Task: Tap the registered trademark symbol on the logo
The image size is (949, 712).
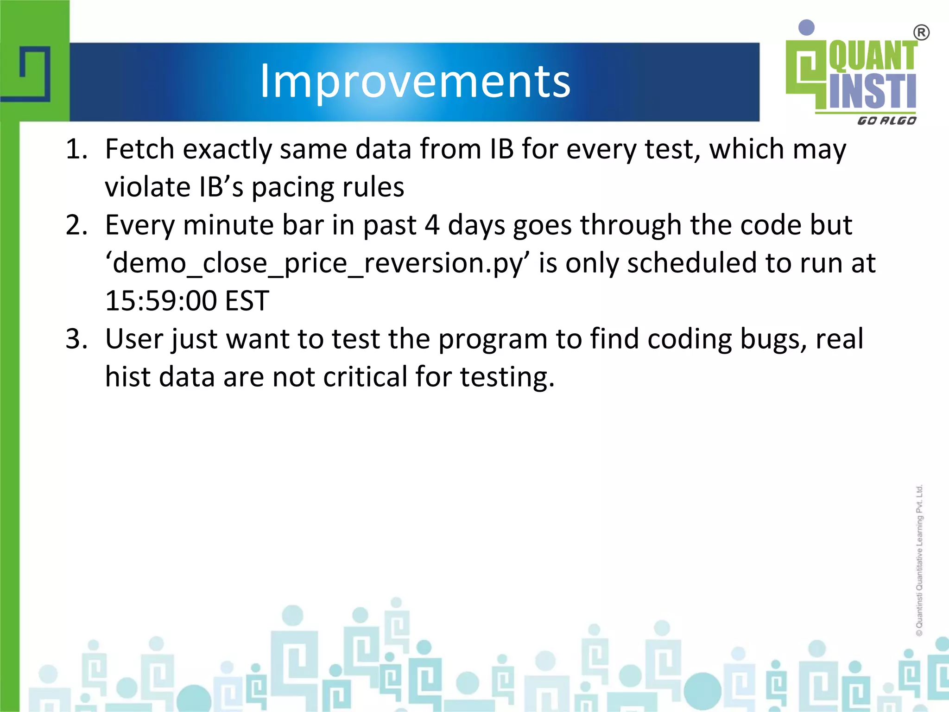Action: click(921, 33)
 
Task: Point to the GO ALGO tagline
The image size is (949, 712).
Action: click(886, 121)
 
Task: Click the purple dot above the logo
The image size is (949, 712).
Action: click(807, 27)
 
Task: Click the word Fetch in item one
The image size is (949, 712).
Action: click(139, 150)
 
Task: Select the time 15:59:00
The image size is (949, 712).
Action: click(161, 301)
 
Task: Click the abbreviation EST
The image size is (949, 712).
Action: click(247, 301)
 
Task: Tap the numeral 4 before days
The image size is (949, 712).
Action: click(432, 226)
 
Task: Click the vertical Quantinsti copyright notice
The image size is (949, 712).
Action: click(919, 561)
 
